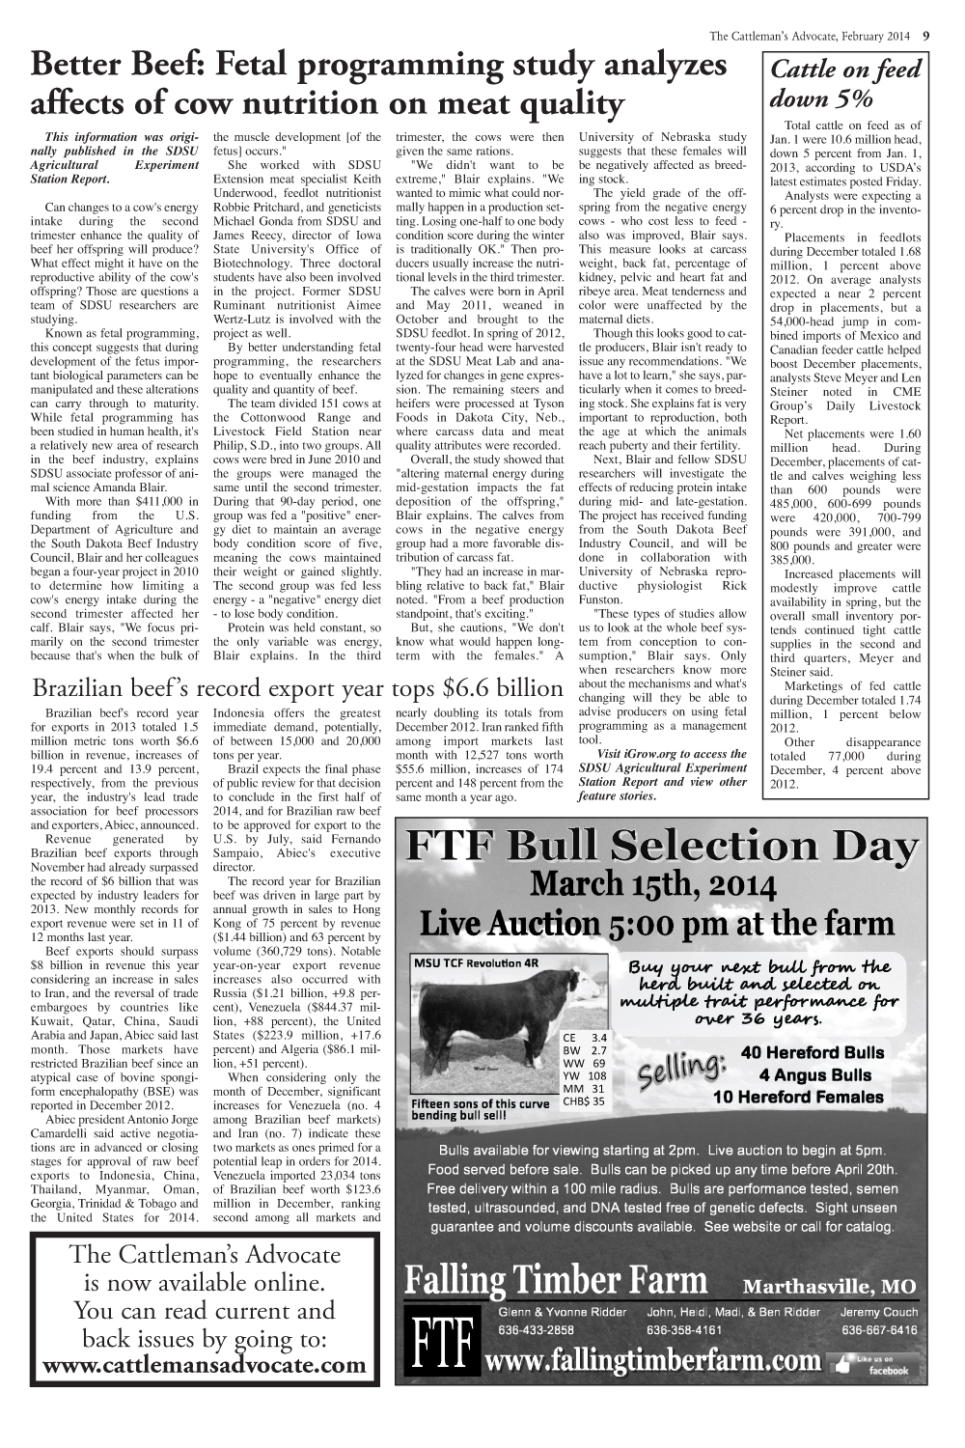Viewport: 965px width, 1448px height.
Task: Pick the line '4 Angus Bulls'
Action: (814, 1074)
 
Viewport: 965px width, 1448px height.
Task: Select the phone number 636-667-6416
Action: (879, 1329)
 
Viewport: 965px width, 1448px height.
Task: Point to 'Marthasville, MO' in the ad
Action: (829, 1287)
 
